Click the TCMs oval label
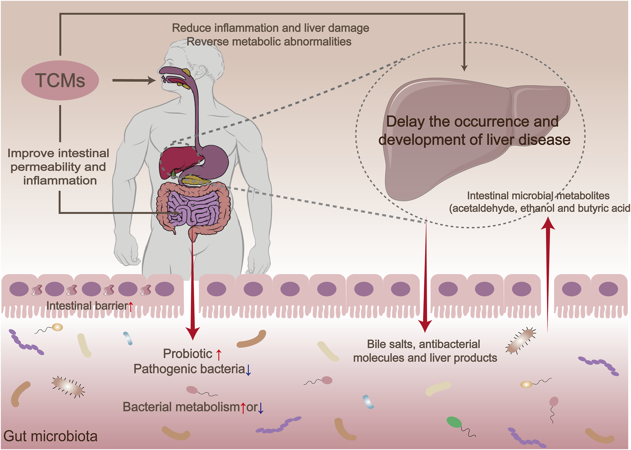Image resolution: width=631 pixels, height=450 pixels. point(60,80)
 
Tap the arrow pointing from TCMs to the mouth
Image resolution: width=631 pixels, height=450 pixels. point(134,81)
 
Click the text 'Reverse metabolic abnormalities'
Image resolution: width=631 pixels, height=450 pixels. point(269,42)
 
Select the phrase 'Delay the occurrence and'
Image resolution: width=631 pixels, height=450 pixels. point(472,121)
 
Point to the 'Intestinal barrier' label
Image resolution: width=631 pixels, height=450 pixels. point(87,306)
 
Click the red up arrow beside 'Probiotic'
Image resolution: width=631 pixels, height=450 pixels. point(219,355)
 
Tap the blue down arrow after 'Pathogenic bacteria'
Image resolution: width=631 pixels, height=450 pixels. point(248,370)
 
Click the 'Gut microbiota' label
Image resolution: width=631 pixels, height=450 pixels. point(50,436)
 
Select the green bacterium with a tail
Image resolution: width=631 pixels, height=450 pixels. point(454,422)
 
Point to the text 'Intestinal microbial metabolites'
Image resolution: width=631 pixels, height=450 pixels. point(538,196)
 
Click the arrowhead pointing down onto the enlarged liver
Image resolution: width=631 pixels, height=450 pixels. point(464,67)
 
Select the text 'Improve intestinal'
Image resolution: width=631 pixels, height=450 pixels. point(58,153)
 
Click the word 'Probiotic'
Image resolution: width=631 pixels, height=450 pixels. point(187,354)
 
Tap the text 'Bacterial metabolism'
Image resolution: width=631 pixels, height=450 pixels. point(181,407)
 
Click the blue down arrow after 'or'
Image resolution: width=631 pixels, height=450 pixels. point(261,408)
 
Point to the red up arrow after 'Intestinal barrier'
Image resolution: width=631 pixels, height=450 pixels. point(131,306)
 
